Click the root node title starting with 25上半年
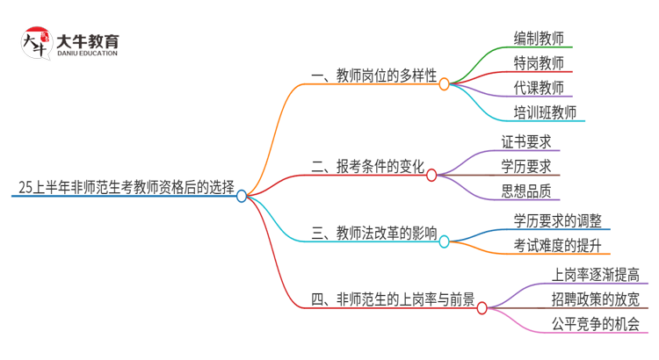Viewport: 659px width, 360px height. (123, 187)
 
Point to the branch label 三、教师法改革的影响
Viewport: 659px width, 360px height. (373, 233)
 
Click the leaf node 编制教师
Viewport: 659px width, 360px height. (539, 38)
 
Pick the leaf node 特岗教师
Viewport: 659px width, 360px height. (539, 62)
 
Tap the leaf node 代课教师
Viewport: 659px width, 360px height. (539, 87)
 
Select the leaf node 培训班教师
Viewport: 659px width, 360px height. (545, 112)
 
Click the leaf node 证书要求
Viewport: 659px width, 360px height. (525, 141)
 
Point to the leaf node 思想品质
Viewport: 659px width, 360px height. (525, 191)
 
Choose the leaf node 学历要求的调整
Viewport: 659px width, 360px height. (557, 220)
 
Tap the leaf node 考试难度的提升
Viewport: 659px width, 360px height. (557, 244)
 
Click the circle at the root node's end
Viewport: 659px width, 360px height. (243, 196)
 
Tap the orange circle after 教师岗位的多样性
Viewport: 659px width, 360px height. (444, 84)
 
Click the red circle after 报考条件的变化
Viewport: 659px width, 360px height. (431, 175)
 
